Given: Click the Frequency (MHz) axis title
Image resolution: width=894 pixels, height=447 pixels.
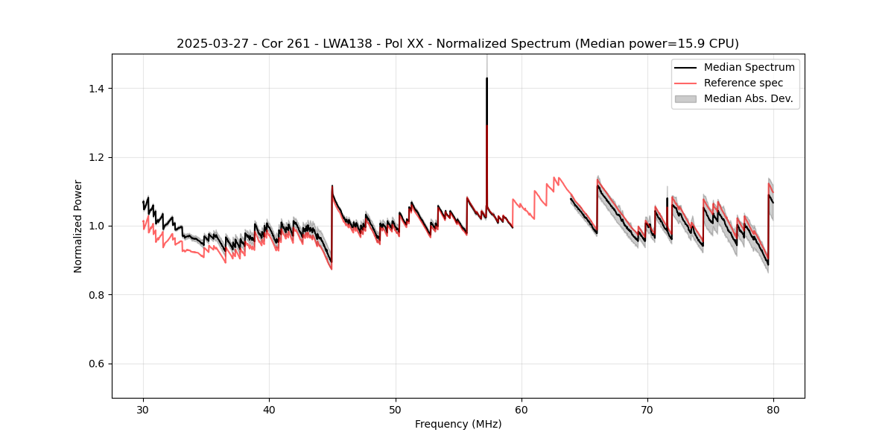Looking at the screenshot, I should (x=458, y=424).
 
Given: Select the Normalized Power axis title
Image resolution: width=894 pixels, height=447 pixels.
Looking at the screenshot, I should (x=78, y=226).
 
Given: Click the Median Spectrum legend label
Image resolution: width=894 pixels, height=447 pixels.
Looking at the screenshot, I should (x=749, y=67).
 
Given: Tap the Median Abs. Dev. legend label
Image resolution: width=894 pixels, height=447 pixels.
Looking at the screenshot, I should (x=748, y=98).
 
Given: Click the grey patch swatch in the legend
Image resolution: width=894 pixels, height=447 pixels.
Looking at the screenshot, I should (x=685, y=98).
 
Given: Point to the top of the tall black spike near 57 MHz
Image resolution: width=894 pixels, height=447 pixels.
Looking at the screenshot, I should (x=486, y=78).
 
